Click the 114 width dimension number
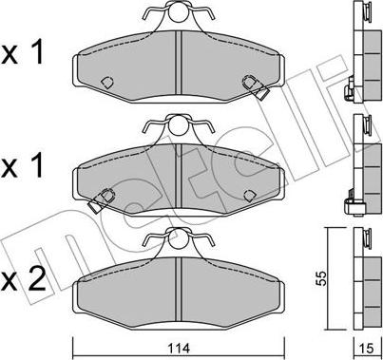coord(180,349)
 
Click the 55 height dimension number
coord(321,278)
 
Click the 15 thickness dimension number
coord(367,349)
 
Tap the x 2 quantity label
coord(23,278)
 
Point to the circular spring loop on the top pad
coord(178,11)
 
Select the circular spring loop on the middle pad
coord(178,125)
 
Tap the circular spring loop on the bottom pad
coord(178,237)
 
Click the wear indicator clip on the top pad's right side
coord(255,87)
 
